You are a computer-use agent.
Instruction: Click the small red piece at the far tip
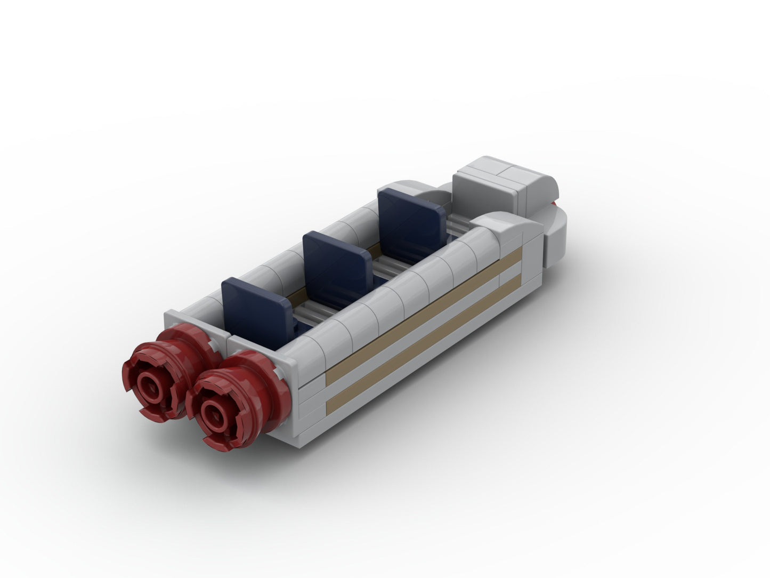555,203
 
